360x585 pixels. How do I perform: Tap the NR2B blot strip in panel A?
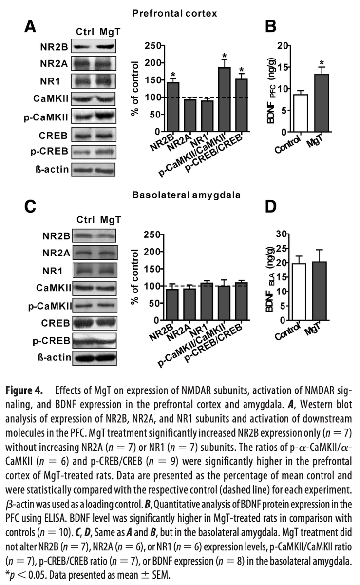tap(93, 48)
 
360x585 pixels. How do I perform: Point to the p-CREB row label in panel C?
tap(54, 340)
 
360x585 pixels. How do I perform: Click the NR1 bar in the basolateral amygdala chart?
tap(207, 302)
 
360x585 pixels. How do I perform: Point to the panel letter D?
tap(271, 207)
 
